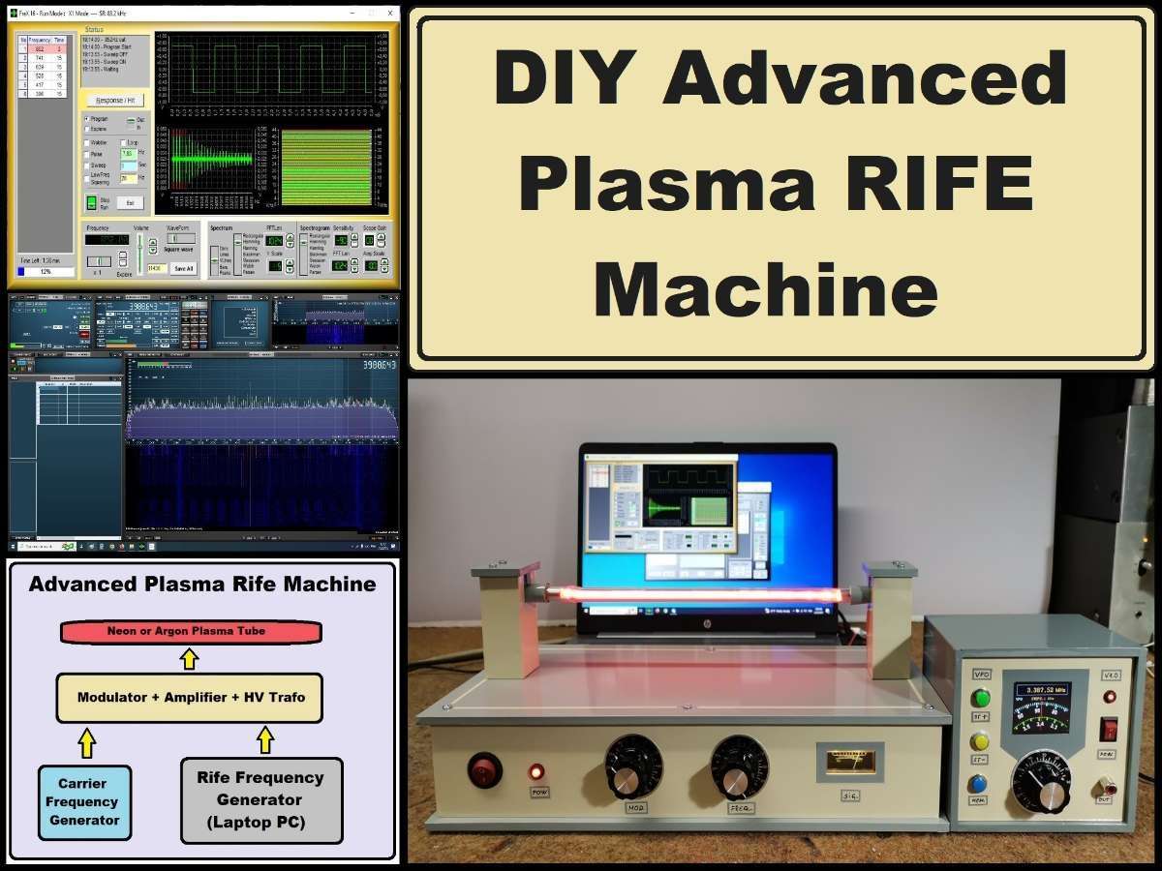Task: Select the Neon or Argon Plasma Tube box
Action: coord(190,631)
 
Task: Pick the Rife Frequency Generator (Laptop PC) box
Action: coord(261,800)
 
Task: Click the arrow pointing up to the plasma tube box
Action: coord(190,659)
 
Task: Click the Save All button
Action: coord(183,268)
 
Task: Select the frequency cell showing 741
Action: coord(40,58)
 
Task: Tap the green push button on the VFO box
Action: coord(981,698)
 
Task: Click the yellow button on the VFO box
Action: coord(981,741)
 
